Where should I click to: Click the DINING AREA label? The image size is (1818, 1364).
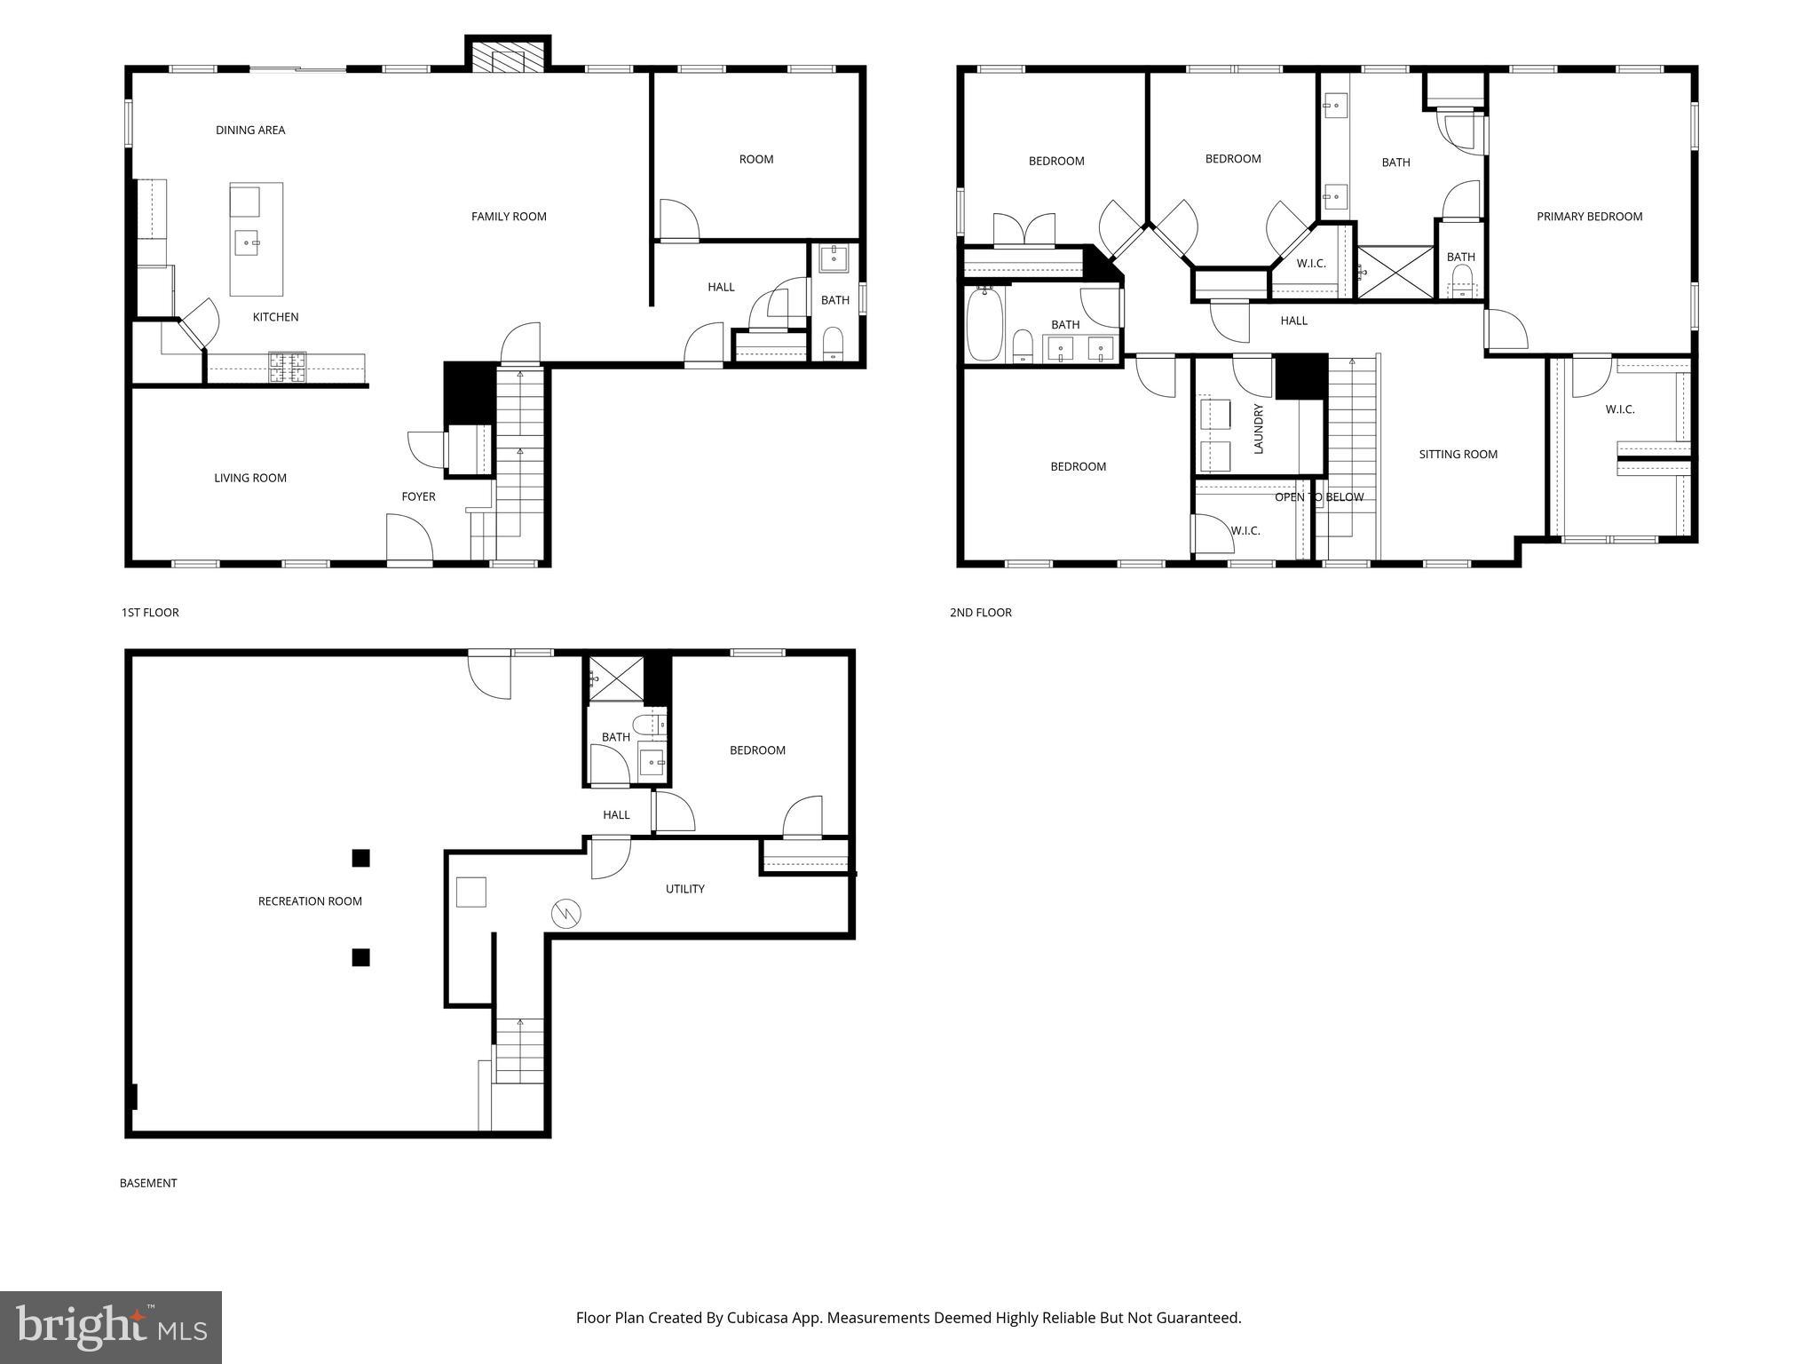coord(250,131)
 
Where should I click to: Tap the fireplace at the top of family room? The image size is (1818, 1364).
coord(508,59)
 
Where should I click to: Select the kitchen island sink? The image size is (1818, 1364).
coord(246,242)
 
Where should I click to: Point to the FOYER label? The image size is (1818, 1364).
coord(418,496)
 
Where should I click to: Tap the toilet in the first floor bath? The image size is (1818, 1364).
coord(833,343)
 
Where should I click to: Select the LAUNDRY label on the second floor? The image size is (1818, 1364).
coord(1258,429)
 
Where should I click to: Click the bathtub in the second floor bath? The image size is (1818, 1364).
coord(984,325)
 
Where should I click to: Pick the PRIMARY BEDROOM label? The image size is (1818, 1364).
coord(1589,217)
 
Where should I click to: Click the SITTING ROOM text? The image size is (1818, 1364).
coord(1458,455)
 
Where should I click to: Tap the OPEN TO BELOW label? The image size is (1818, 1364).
coord(1318,497)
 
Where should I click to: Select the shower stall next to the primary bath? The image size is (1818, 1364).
coord(1395,273)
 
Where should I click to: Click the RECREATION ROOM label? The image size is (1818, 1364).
coord(310,901)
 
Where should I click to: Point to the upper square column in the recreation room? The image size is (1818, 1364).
coord(360,858)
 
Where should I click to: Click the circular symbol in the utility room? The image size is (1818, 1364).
coord(565,913)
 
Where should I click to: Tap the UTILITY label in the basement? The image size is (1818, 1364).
coord(684,889)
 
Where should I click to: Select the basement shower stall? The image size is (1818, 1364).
coord(613,678)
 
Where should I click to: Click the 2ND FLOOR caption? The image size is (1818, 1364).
coord(980,613)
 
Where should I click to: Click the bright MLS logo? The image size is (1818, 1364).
coord(110,1327)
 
